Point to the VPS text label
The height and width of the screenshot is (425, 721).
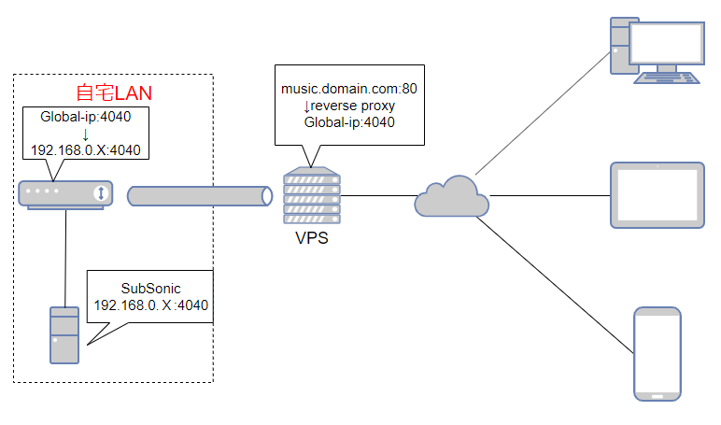point(312,238)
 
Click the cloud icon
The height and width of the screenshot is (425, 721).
point(452,196)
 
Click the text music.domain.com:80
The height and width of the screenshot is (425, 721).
point(349,89)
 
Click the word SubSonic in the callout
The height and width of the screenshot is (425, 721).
point(150,288)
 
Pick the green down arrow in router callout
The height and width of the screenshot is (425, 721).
point(85,134)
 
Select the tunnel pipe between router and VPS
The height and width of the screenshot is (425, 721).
point(199,195)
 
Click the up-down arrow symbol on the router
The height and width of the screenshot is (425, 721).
point(100,193)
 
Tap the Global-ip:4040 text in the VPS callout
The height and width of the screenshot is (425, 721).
point(349,122)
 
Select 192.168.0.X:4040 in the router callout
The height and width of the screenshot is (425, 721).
point(85,150)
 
